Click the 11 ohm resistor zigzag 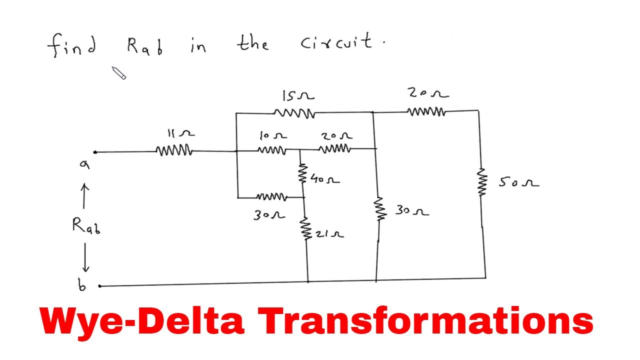(x=174, y=150)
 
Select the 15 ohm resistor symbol (x=294, y=113)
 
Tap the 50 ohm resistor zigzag (x=481, y=182)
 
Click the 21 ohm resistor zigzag (x=305, y=228)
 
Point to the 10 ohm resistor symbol (x=271, y=150)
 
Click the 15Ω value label (x=298, y=95)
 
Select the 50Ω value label (x=519, y=181)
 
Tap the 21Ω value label (x=329, y=234)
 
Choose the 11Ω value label (x=181, y=133)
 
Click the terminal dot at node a (x=95, y=152)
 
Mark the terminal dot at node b (x=99, y=286)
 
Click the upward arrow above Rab (x=84, y=196)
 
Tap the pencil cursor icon (x=118, y=73)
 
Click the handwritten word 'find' (x=71, y=45)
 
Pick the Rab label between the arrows (x=86, y=226)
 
